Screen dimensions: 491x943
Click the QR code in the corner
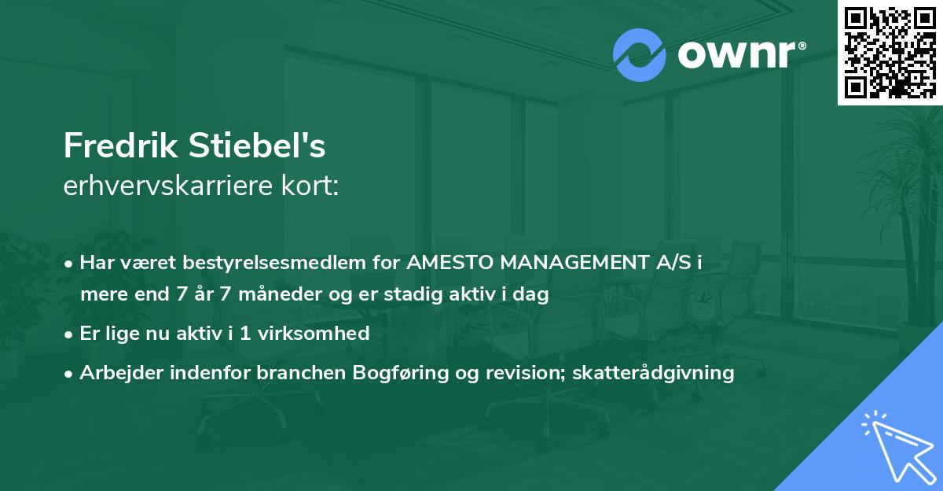pos(890,52)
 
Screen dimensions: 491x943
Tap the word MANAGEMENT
pos(582,263)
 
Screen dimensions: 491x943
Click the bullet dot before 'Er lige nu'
pos(70,334)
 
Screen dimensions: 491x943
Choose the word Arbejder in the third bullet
pos(116,372)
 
